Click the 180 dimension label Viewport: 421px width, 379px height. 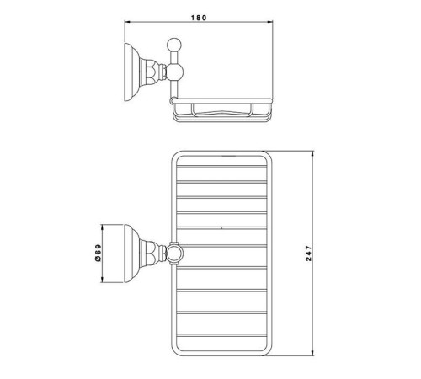pos(199,18)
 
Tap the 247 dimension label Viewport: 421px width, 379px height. pos(308,254)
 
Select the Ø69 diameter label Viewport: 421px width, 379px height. pos(98,254)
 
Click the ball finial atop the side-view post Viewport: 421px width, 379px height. pos(174,45)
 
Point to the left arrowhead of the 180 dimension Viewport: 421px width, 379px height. pos(127,22)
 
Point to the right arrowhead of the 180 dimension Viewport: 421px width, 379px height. pos(270,22)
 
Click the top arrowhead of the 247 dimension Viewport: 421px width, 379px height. pos(312,154)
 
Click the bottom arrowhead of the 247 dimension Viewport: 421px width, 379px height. pos(312,353)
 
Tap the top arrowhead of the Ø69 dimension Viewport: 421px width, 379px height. pos(102,227)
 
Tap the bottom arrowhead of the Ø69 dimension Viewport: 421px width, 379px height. pos(102,280)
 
